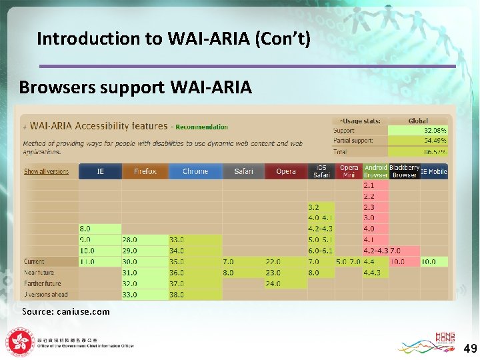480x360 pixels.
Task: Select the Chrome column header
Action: click(x=195, y=171)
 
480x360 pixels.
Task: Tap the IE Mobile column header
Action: click(x=433, y=171)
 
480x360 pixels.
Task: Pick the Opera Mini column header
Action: click(x=349, y=171)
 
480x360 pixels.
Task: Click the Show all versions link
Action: click(x=46, y=171)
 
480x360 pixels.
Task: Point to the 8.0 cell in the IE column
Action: click(x=87, y=229)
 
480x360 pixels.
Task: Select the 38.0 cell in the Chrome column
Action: click(x=177, y=295)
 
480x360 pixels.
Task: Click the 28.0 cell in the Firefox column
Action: click(x=130, y=239)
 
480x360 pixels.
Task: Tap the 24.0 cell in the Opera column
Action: click(x=273, y=283)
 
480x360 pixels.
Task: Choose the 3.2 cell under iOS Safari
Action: click(x=313, y=207)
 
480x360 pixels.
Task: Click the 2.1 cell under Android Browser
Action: click(x=369, y=185)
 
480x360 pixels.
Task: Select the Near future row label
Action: click(x=40, y=273)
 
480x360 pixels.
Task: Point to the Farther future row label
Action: click(x=43, y=283)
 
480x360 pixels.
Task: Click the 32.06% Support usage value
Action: click(x=435, y=131)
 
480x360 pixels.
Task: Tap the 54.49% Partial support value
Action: click(x=435, y=141)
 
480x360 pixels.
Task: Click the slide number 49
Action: click(x=470, y=348)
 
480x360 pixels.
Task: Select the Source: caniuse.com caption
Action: click(x=65, y=311)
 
